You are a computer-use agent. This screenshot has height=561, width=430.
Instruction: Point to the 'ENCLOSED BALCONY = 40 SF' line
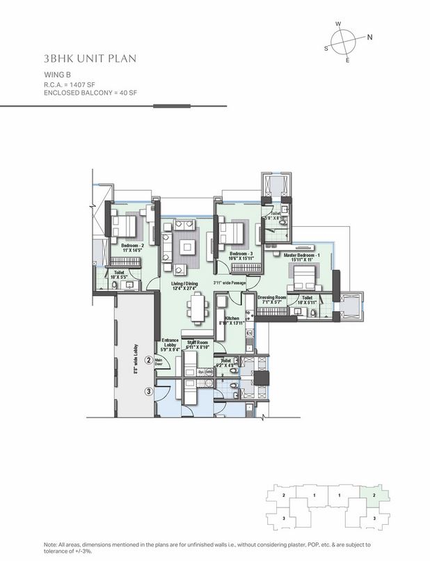pos(88,93)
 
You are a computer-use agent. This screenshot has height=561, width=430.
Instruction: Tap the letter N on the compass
pos(370,38)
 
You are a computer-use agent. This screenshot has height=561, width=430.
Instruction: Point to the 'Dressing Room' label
pos(272,298)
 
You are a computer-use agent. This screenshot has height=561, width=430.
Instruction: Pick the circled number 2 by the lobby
pos(148,360)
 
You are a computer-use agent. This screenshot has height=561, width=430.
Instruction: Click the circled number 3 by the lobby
pos(148,392)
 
